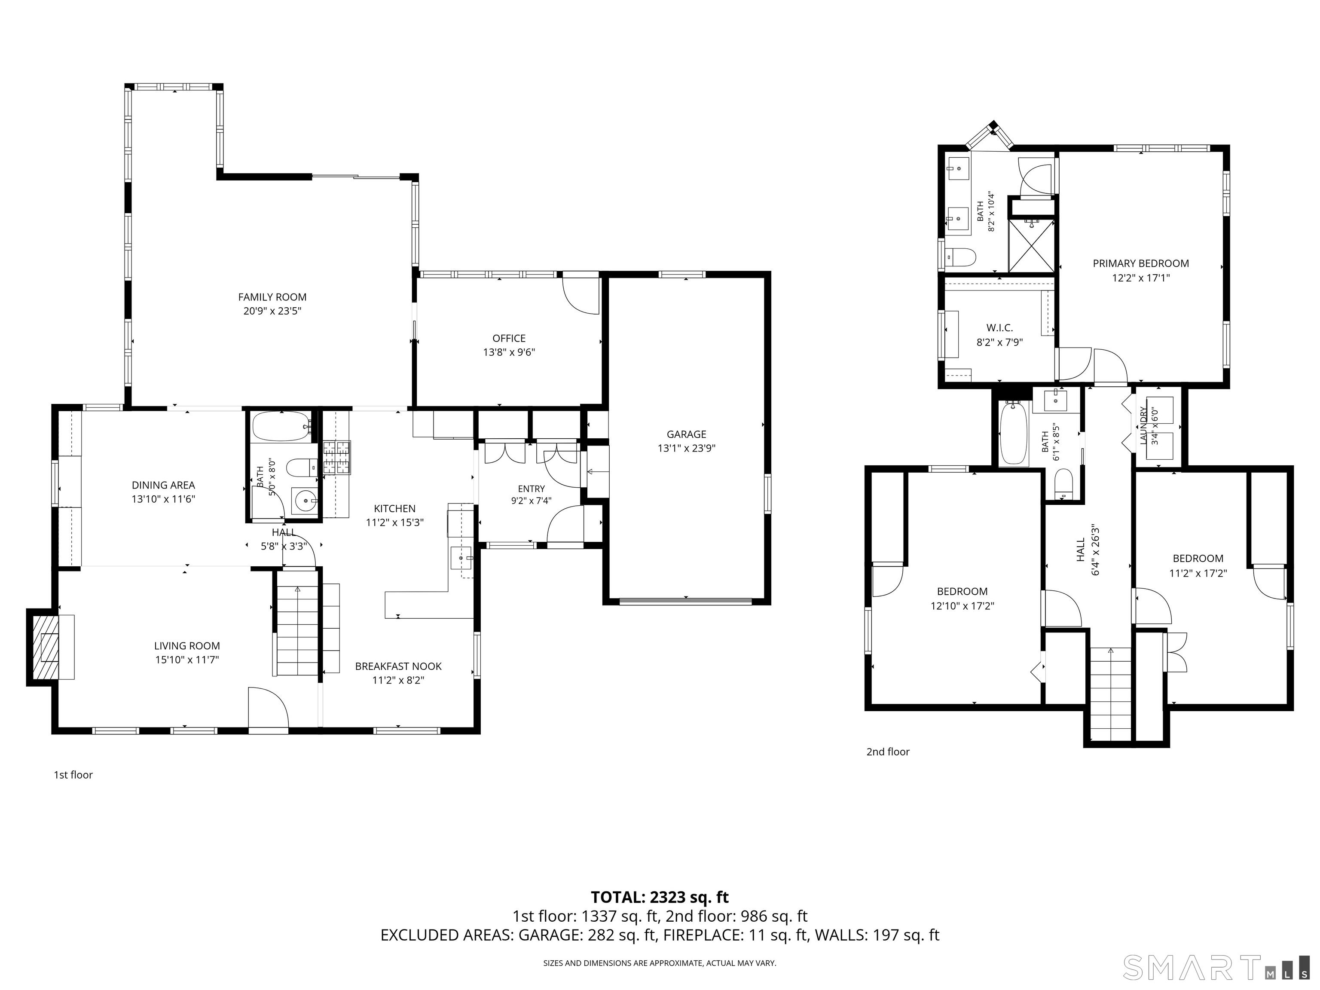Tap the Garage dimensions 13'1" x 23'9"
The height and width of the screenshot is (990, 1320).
click(686, 448)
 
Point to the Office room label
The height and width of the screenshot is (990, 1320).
click(509, 338)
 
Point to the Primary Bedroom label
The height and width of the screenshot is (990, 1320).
click(1140, 263)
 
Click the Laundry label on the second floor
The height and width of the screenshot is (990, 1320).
click(1144, 425)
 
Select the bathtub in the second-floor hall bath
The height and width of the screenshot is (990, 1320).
click(1014, 433)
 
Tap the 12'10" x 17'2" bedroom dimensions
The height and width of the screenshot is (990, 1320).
click(962, 606)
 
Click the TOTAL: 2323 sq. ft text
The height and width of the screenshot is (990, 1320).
click(660, 898)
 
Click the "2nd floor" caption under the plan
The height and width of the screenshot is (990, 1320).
click(888, 752)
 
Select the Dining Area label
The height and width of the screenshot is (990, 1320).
click(164, 485)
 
